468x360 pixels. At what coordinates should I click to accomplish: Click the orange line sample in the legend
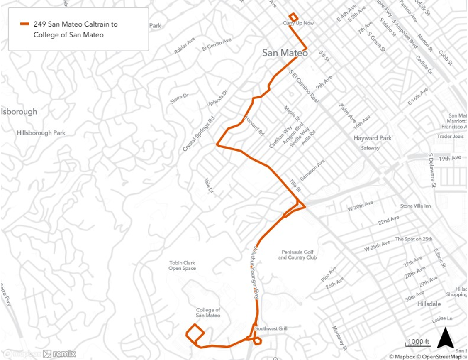(25, 24)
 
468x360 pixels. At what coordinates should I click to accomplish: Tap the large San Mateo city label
(285, 53)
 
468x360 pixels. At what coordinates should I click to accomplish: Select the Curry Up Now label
(298, 23)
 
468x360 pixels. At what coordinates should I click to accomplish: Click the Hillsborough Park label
(41, 133)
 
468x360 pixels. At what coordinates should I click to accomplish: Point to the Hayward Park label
(372, 138)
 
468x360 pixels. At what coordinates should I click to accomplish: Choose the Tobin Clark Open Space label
(182, 265)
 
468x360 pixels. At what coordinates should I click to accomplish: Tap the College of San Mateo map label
(208, 312)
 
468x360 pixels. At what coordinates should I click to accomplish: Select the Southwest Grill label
(271, 329)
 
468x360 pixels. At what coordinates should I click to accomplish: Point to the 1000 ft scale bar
(418, 343)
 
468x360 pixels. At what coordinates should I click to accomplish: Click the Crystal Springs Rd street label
(200, 133)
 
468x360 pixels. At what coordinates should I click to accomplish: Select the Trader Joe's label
(450, 136)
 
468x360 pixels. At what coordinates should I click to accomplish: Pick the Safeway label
(370, 148)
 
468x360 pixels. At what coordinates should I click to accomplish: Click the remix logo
(59, 354)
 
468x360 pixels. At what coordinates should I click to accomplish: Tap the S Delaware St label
(432, 170)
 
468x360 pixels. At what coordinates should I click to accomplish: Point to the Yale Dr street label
(208, 186)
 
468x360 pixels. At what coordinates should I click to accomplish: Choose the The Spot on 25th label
(413, 239)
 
